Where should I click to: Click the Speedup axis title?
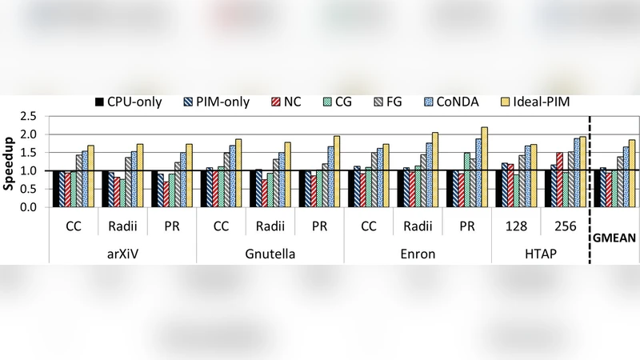coord(9,162)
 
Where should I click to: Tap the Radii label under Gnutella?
coord(270,226)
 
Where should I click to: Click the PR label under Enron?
coord(466,226)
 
